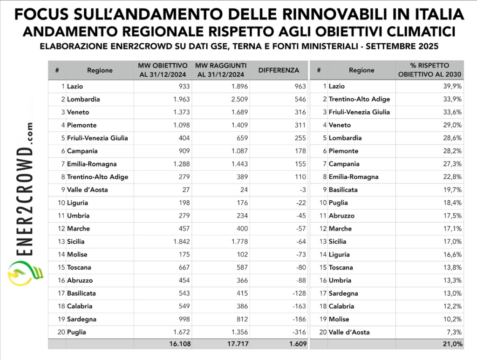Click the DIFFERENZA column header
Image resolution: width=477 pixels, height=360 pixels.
pos(279,70)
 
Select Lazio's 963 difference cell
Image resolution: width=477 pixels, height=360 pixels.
pos(300,86)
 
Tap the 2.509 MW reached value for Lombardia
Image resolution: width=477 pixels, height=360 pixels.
pos(238,99)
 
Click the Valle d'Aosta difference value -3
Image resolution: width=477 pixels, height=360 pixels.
pos(303,190)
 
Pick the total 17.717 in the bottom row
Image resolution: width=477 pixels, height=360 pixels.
pos(235,344)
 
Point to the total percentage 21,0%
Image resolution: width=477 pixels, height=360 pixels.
pos(453,344)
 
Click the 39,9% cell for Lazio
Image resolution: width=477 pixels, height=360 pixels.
pos(454,86)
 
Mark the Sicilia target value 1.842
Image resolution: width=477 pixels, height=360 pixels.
pos(178,242)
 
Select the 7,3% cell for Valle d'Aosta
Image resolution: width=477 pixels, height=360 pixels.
pos(455,332)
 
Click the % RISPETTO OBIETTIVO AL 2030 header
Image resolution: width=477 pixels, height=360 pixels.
pos(429,70)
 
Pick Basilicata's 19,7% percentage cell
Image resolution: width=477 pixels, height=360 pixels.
pos(454,190)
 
